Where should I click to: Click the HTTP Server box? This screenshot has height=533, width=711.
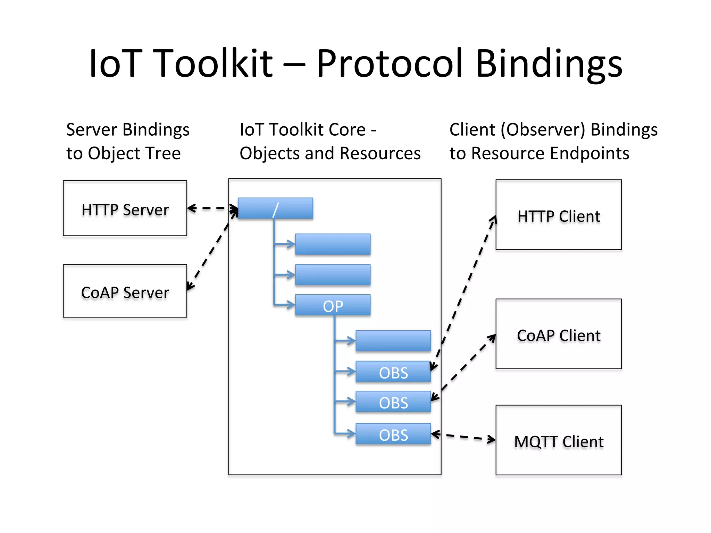pos(125,208)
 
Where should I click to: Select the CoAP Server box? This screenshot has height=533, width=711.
pos(125,291)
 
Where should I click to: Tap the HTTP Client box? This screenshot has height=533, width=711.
pos(559,215)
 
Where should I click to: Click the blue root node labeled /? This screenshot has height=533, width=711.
pos(275,209)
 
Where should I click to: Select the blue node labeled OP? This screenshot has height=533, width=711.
pos(333,305)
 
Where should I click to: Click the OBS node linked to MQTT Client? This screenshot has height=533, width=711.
pos(393,434)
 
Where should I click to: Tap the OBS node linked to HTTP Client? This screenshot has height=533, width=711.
pos(393,372)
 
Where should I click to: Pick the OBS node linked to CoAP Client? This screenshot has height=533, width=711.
pos(393,402)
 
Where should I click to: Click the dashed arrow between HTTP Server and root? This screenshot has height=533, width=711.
pos(212,209)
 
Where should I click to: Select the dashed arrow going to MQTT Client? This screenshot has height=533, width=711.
pos(463,437)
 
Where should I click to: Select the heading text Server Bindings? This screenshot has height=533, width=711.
pos(128,130)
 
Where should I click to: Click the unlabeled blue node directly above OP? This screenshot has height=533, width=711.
pos(333,275)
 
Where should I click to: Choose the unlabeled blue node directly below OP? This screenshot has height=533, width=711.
pos(393,341)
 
